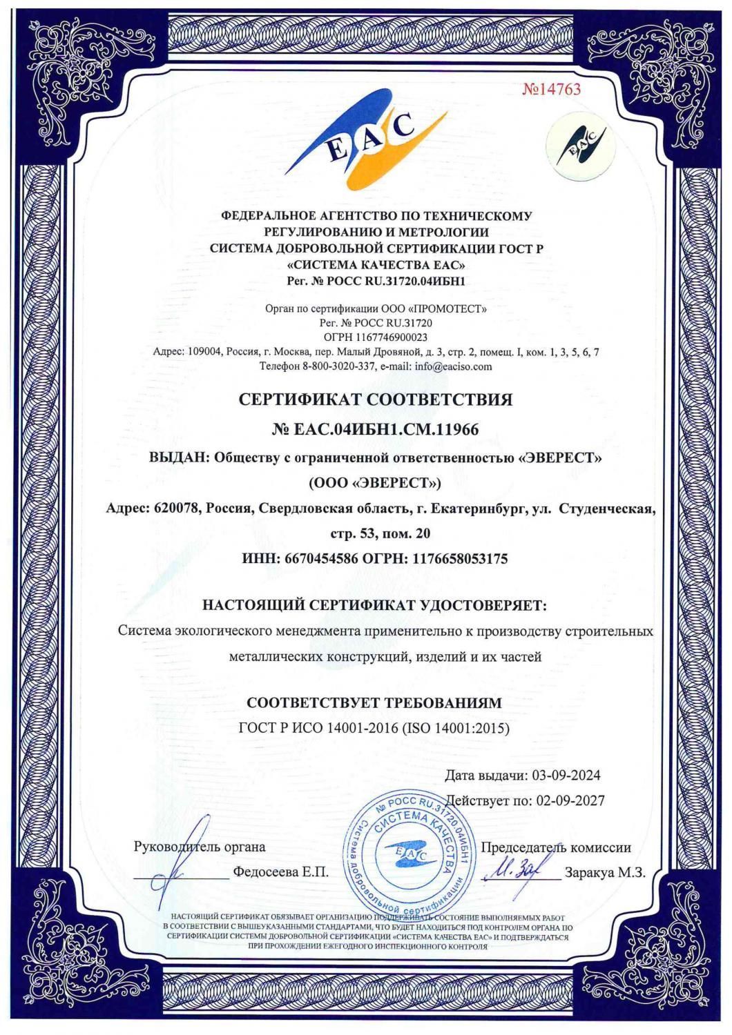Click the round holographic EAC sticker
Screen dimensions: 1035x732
pyautogui.click(x=581, y=146)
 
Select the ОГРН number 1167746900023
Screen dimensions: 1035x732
pyautogui.click(x=391, y=337)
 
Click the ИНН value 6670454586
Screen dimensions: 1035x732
pyautogui.click(x=319, y=559)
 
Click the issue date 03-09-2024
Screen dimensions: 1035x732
pyautogui.click(x=566, y=775)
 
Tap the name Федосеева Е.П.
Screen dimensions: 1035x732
pyautogui.click(x=281, y=872)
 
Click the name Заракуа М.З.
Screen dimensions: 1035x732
pyautogui.click(x=605, y=872)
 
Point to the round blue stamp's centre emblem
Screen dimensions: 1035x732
pyautogui.click(x=407, y=852)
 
